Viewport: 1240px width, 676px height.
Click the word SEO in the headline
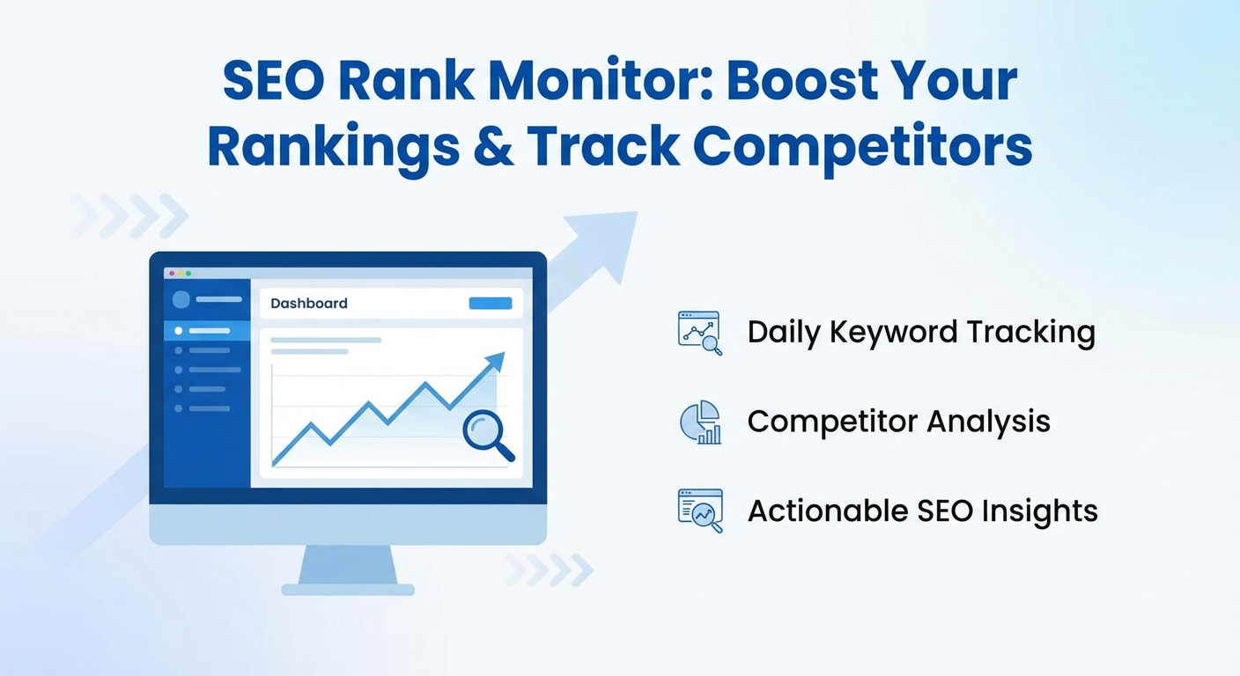click(x=274, y=80)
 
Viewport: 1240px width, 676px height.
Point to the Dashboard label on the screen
click(x=309, y=303)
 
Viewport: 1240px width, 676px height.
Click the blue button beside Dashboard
click(x=491, y=303)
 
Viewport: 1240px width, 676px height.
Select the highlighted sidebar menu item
click(x=207, y=331)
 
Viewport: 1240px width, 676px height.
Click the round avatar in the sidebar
click(x=181, y=299)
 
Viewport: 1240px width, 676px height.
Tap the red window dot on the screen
click(x=172, y=273)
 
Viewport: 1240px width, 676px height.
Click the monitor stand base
click(x=348, y=589)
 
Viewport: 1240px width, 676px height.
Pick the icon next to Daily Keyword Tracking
click(x=700, y=333)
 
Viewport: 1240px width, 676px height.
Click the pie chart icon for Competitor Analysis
click(x=700, y=422)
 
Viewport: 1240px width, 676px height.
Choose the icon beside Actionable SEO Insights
click(x=700, y=511)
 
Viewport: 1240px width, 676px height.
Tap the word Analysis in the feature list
click(x=988, y=422)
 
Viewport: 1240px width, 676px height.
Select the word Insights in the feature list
click(x=1039, y=511)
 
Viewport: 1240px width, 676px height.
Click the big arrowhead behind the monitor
click(x=606, y=244)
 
